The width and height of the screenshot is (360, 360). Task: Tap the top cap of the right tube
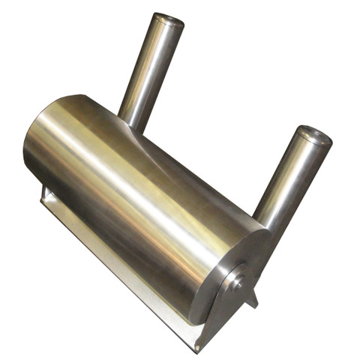pos(314,136)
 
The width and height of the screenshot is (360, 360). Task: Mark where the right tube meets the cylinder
pos(270,225)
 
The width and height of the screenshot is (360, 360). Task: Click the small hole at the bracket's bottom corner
pos(197,347)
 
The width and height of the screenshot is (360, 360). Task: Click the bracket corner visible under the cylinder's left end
pos(47,196)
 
